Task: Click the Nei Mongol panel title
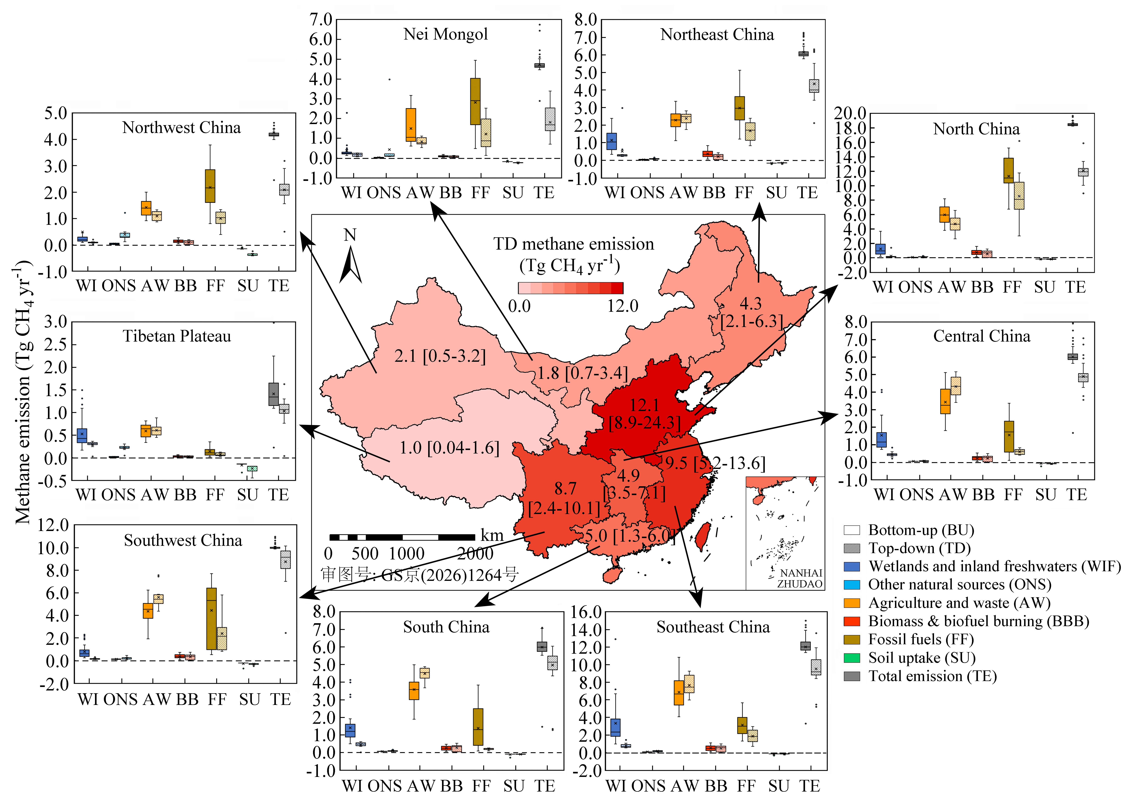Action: [445, 34]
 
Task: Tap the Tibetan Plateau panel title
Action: [177, 336]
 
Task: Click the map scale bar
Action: [402, 537]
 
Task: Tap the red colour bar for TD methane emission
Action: [570, 288]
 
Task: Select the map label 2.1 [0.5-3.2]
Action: [440, 356]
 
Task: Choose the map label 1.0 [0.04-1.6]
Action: [449, 448]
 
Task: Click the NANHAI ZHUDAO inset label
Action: [800, 578]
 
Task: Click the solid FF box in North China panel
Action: [1008, 170]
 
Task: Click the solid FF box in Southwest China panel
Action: [211, 619]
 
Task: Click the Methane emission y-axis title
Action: [23, 393]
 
